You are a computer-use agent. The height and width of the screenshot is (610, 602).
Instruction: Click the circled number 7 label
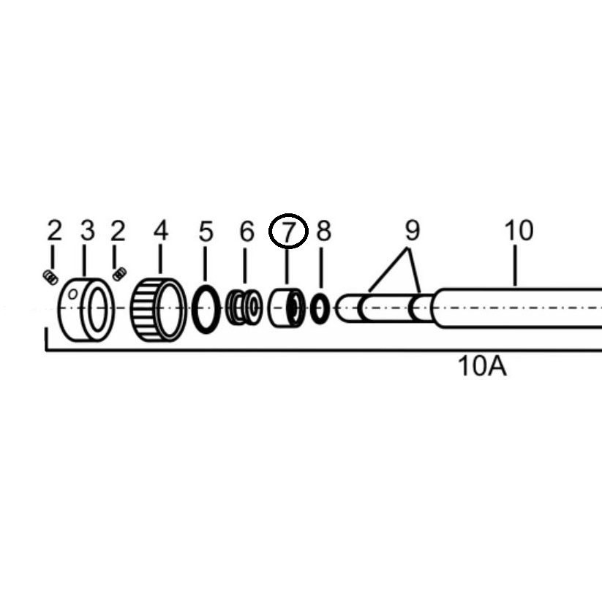(288, 231)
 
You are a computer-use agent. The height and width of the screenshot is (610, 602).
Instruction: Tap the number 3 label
(88, 230)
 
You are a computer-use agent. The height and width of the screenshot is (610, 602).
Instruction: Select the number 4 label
(160, 230)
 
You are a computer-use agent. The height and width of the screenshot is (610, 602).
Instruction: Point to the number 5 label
(206, 232)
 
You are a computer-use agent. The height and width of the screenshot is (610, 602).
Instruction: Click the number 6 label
(247, 232)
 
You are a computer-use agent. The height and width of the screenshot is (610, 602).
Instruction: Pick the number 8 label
(324, 231)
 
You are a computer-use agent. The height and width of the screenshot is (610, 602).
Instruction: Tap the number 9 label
(413, 231)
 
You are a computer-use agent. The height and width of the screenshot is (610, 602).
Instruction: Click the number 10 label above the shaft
(519, 230)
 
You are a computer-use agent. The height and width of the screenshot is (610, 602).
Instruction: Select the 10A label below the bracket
(482, 366)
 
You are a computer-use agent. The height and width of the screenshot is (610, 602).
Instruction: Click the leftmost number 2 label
(54, 230)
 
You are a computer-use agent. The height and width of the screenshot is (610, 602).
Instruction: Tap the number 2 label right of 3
(118, 230)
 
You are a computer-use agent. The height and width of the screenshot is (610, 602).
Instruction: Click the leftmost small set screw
(50, 278)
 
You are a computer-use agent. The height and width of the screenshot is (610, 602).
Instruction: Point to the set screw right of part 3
(119, 273)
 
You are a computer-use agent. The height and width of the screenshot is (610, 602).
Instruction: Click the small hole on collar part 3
(72, 294)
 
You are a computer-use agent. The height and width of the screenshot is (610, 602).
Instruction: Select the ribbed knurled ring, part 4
(158, 310)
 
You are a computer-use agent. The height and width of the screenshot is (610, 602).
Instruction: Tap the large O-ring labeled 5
(206, 309)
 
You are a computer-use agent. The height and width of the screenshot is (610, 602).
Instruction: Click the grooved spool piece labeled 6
(245, 308)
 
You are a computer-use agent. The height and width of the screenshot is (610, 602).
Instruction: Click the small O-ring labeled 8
(320, 309)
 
